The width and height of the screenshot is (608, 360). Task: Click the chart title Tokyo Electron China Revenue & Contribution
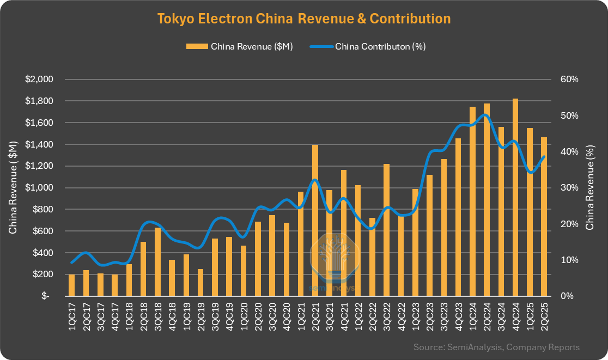click(x=304, y=19)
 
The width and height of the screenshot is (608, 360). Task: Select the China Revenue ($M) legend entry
click(x=240, y=46)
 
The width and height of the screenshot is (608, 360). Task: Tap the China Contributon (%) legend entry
click(x=368, y=46)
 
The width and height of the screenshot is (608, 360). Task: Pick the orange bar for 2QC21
click(x=315, y=221)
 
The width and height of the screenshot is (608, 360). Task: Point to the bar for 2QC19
click(x=200, y=283)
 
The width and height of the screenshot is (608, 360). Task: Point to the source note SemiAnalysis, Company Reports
click(x=496, y=347)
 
